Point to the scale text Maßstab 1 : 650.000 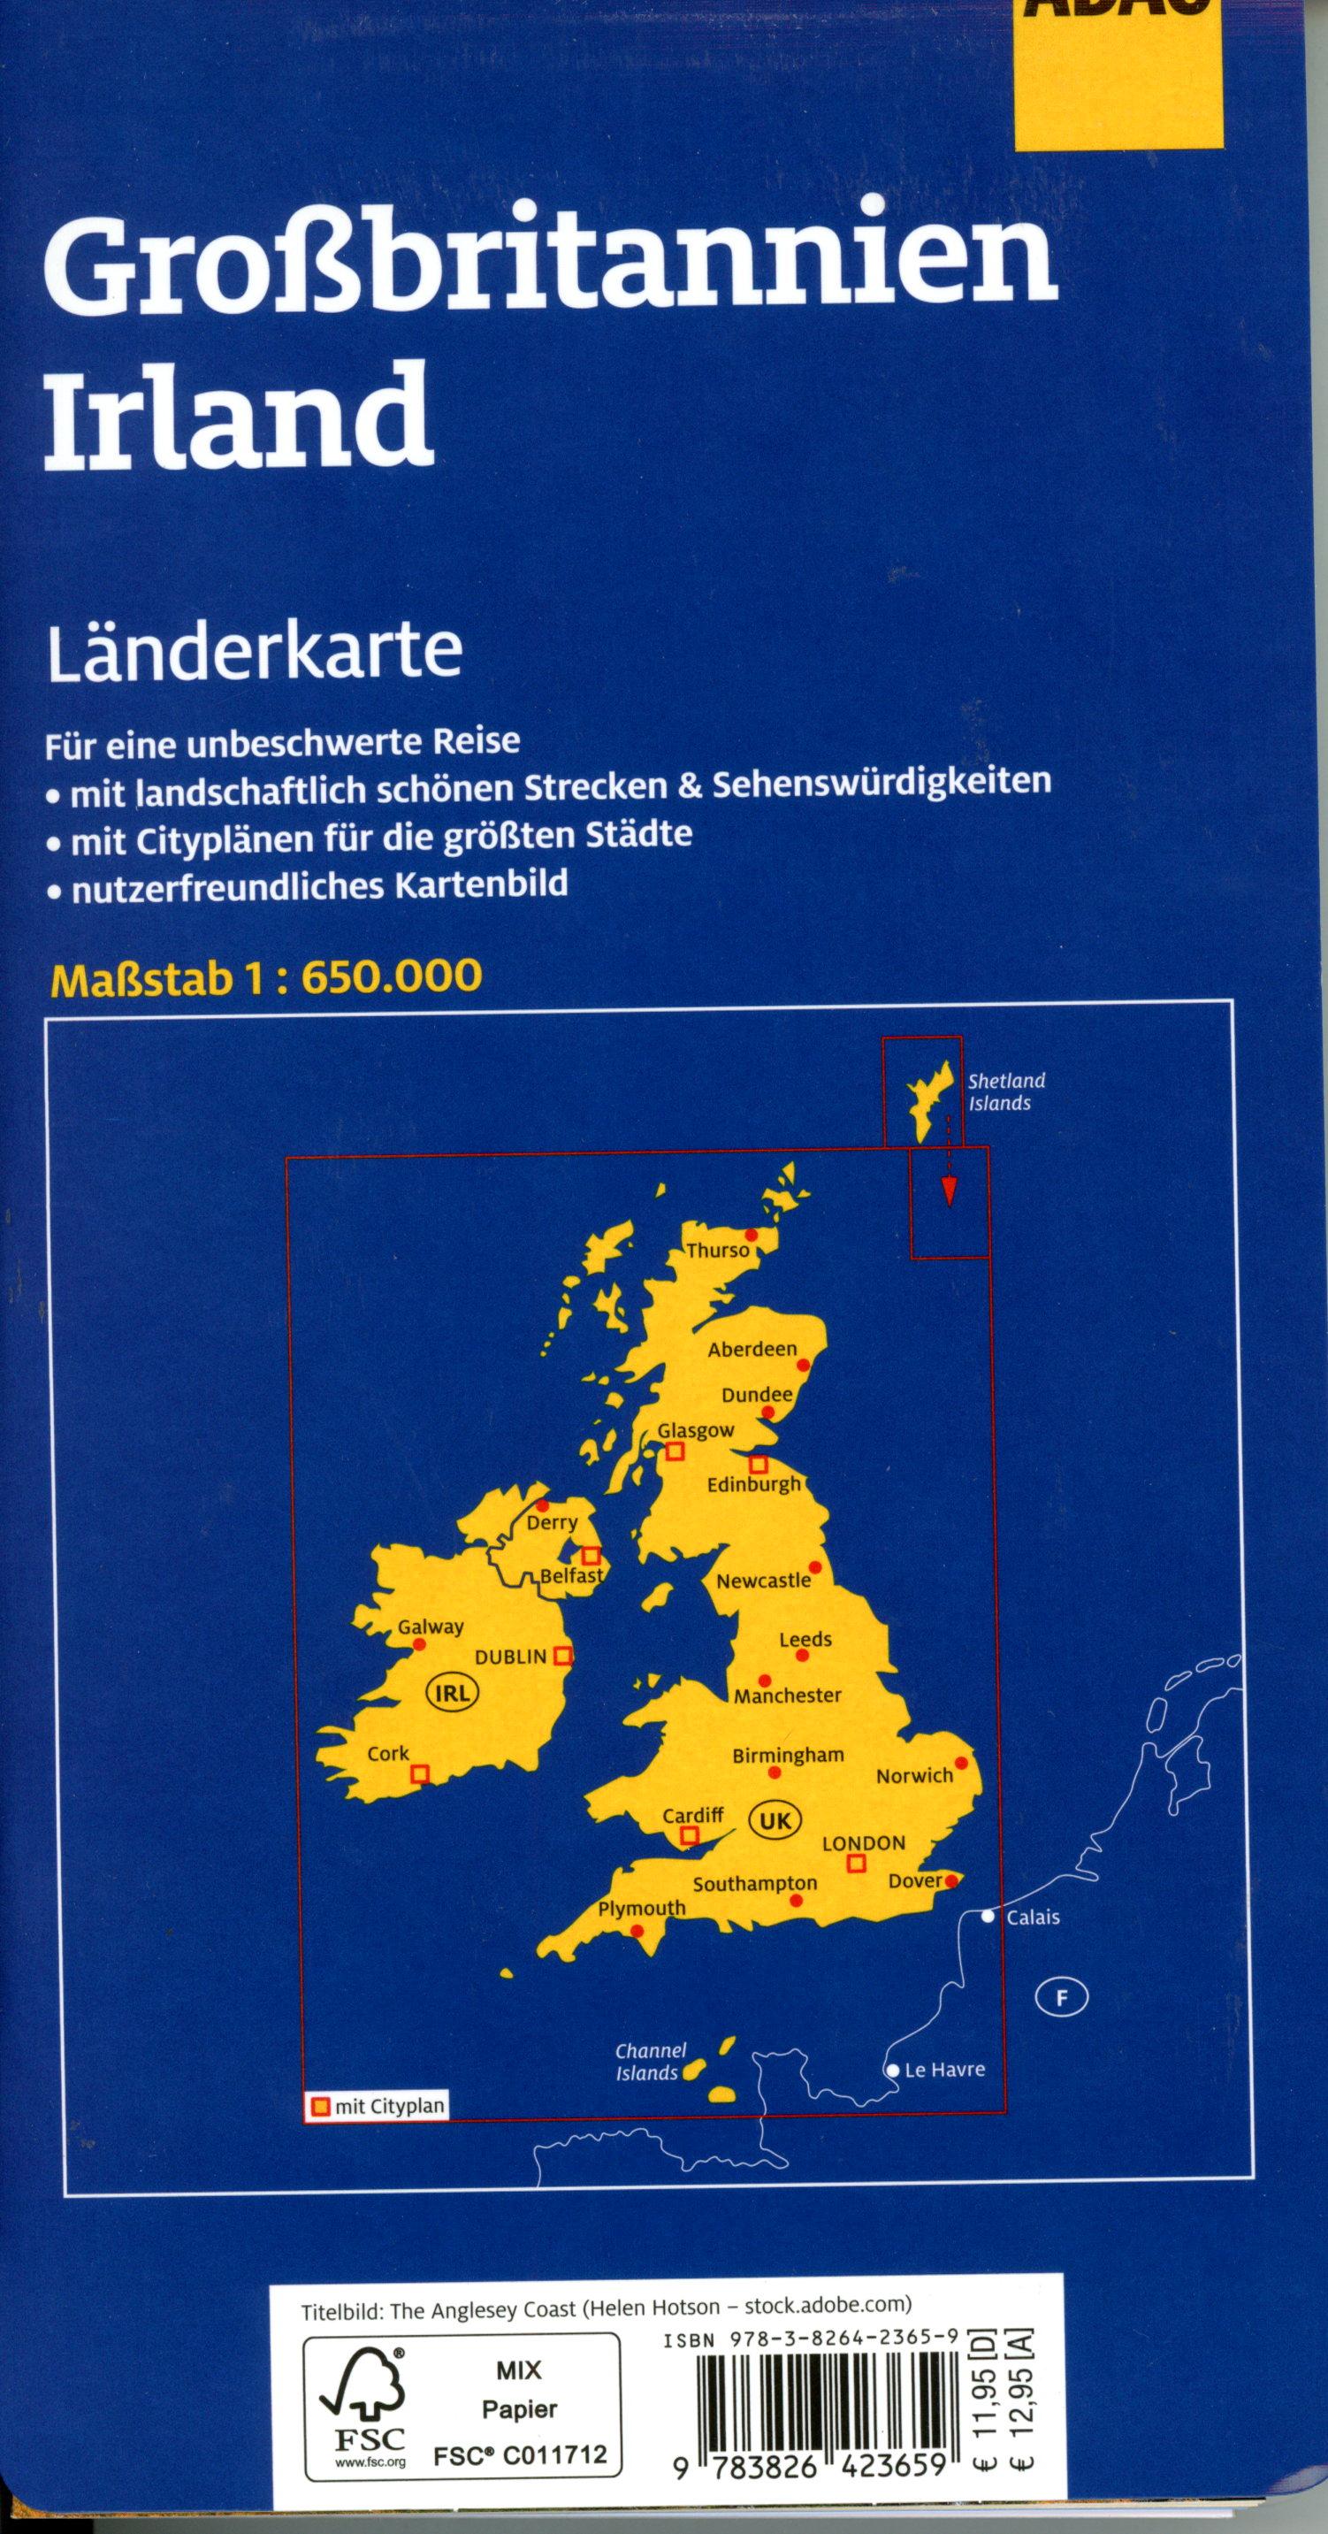(264, 976)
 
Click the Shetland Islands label (1005, 1092)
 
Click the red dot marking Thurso (752, 1235)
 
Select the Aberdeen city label (752, 1349)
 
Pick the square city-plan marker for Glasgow (675, 1451)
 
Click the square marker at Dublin (562, 1656)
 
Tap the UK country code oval (776, 1821)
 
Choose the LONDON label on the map (863, 1842)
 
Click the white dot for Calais (988, 1917)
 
